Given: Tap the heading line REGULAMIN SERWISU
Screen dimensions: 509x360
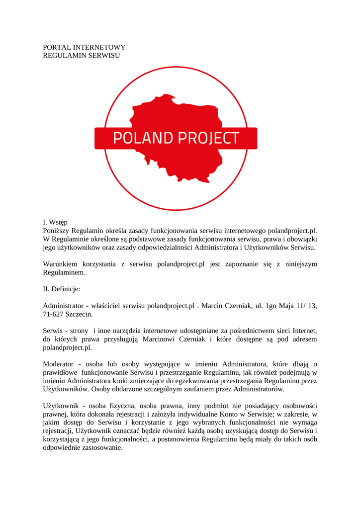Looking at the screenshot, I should click(82, 56).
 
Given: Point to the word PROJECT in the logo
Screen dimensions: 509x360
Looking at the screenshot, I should click(209, 138).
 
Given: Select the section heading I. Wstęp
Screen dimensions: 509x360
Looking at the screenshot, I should click(55, 222).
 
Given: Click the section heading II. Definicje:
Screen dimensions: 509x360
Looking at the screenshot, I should click(62, 288).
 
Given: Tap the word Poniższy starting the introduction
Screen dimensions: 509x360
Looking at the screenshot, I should click(56, 231).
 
